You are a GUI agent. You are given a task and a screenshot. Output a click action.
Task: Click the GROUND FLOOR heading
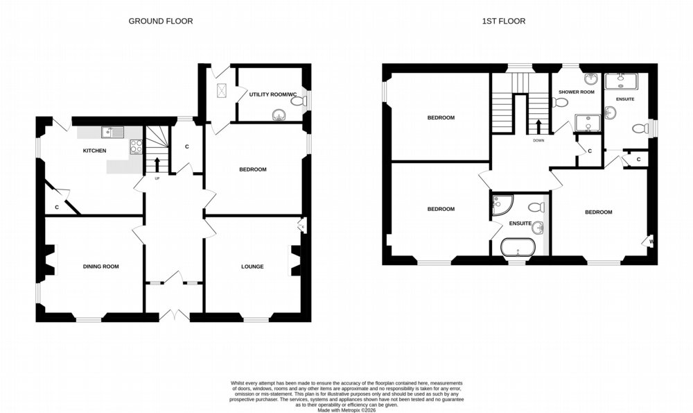161,21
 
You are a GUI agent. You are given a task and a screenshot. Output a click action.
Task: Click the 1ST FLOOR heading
503,21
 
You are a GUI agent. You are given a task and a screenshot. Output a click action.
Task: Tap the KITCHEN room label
94,151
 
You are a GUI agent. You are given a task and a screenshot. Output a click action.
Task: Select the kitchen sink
112,132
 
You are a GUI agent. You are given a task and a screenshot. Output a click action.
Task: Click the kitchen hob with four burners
136,146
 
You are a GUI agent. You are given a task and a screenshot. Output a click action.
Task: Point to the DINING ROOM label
100,267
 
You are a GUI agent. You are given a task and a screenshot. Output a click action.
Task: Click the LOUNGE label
252,267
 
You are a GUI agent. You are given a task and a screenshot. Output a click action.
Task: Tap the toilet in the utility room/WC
299,101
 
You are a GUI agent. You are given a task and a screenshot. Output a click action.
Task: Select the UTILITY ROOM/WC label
272,94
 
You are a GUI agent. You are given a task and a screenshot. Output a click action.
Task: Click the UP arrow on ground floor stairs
157,165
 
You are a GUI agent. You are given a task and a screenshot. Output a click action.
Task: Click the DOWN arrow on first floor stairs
538,126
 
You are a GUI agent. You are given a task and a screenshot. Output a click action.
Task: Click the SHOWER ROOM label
577,92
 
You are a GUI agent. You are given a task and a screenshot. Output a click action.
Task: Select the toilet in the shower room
560,103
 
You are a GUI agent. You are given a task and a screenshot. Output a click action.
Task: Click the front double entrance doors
175,314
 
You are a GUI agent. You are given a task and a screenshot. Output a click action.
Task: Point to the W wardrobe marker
651,242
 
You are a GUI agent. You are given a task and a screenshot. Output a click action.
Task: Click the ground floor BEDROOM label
253,169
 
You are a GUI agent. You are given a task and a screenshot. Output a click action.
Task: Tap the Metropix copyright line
346,410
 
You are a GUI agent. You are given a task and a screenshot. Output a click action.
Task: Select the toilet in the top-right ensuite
640,128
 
